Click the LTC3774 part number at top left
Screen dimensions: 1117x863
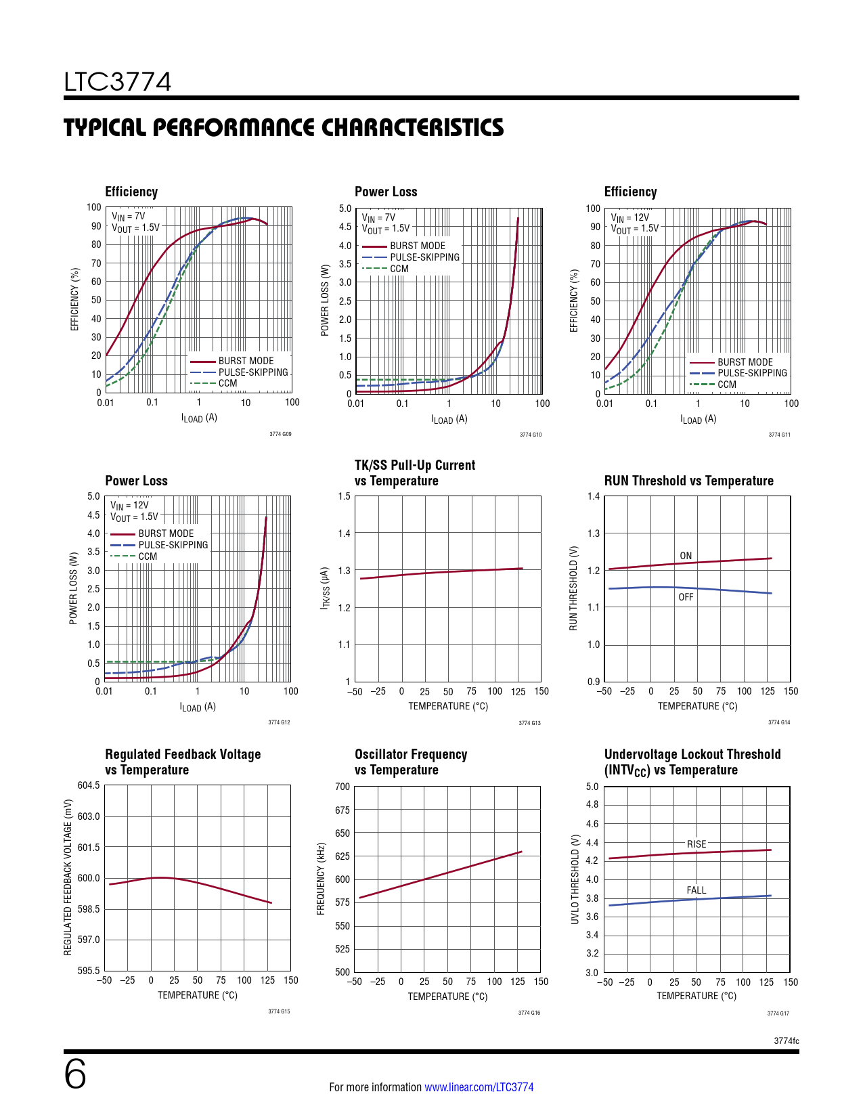pyautogui.click(x=118, y=82)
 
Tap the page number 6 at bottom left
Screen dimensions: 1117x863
pyautogui.click(x=75, y=1074)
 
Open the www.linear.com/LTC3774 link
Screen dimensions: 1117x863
pyautogui.click(x=479, y=1087)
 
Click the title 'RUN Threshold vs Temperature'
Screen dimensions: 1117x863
pyautogui.click(x=688, y=481)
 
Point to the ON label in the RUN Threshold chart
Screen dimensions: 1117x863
pyautogui.click(x=686, y=556)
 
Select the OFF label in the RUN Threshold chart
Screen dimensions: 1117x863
pyautogui.click(x=686, y=597)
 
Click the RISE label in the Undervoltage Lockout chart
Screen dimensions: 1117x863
pyautogui.click(x=696, y=844)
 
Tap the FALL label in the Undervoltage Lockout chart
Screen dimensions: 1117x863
pyautogui.click(x=696, y=890)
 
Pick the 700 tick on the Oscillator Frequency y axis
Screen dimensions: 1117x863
pyautogui.click(x=342, y=787)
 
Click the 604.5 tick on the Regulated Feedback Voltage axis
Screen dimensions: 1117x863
pyautogui.click(x=89, y=785)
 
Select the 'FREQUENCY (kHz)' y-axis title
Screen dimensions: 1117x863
pyautogui.click(x=322, y=879)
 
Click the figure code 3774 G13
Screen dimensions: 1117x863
pyautogui.click(x=529, y=723)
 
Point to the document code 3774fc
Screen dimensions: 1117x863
pyautogui.click(x=786, y=1041)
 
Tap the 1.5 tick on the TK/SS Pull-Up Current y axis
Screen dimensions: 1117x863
pyautogui.click(x=345, y=496)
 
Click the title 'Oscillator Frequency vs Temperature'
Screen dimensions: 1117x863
pyautogui.click(x=411, y=762)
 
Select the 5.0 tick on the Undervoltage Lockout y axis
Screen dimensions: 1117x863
pyautogui.click(x=592, y=787)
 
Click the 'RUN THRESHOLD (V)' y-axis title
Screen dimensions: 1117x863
pyautogui.click(x=573, y=588)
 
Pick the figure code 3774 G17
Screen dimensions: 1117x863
pyautogui.click(x=778, y=1013)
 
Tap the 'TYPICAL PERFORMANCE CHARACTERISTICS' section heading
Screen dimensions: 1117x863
pyautogui.click(x=284, y=127)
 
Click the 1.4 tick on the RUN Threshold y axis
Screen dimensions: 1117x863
pyautogui.click(x=594, y=496)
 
